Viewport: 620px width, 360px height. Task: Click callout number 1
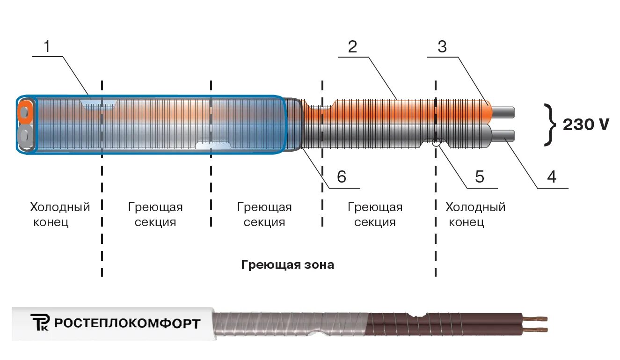(46, 46)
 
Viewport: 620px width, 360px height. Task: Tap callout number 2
(352, 46)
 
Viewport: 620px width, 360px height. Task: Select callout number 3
(442, 46)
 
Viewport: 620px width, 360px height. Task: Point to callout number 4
(552, 176)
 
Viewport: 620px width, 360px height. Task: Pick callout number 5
(480, 176)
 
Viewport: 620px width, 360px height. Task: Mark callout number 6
(341, 176)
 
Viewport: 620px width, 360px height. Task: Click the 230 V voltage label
(586, 125)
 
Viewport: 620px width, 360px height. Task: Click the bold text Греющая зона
(288, 265)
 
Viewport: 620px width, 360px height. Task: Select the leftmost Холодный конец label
(59, 214)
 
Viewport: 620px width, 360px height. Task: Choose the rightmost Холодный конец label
(475, 214)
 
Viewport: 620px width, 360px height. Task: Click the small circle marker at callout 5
(436, 143)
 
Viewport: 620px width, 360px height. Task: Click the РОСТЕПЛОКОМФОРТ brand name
(127, 323)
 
